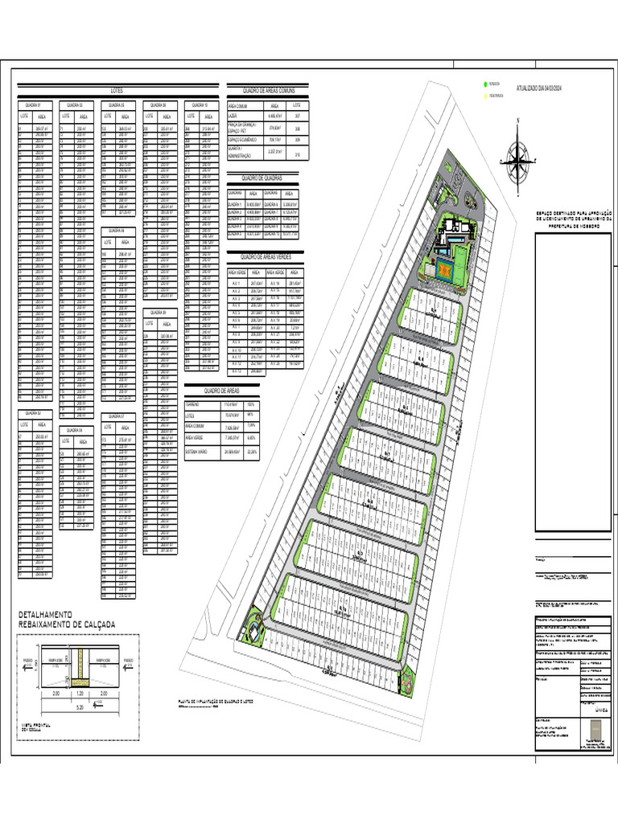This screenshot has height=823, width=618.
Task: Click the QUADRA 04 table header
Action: (76, 430)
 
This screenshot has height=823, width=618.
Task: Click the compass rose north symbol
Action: (517, 154)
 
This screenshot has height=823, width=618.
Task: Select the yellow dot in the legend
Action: (485, 96)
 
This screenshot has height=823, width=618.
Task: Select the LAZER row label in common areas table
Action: (233, 116)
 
